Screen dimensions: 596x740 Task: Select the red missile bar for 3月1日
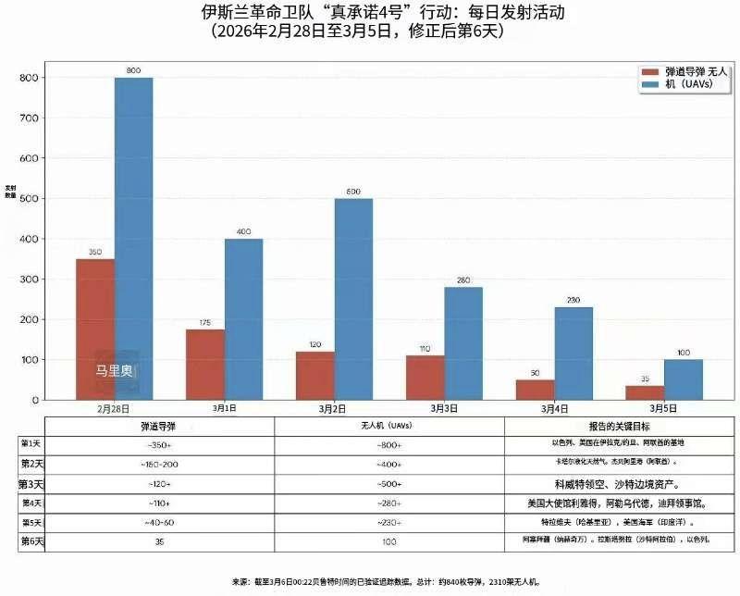[205, 365]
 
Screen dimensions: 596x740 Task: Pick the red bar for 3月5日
[645, 392]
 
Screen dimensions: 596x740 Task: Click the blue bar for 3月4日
[573, 354]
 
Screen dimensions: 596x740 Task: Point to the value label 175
[205, 323]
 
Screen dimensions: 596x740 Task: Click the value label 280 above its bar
[463, 280]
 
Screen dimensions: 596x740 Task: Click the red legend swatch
[649, 71]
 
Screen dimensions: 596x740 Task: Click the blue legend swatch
[649, 84]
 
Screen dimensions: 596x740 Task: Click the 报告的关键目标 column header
[610, 426]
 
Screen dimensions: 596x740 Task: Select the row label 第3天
[31, 484]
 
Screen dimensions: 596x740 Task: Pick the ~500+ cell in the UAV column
[389, 484]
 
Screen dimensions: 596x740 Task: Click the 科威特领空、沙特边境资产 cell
[610, 484]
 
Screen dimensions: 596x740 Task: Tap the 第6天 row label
[31, 540]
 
